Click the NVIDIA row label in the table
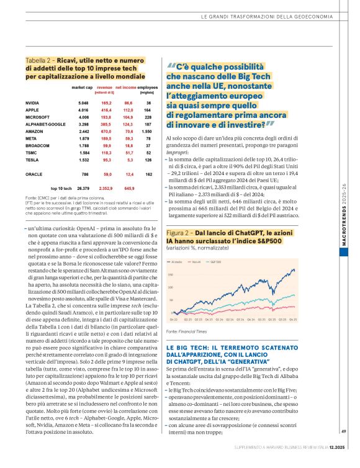point(32,102)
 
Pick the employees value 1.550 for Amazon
point(146,132)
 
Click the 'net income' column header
point(126,88)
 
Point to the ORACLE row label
point(34,174)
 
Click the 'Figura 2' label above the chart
point(180,232)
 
